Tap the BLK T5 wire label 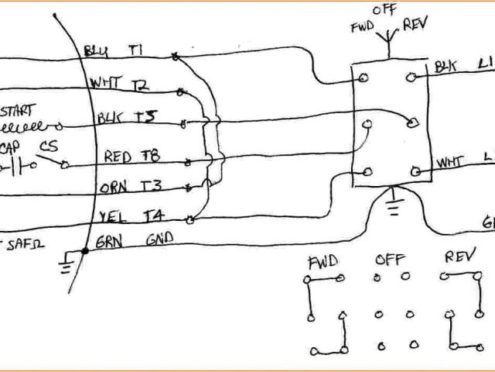[x=128, y=118]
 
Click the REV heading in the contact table [x=459, y=257]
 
